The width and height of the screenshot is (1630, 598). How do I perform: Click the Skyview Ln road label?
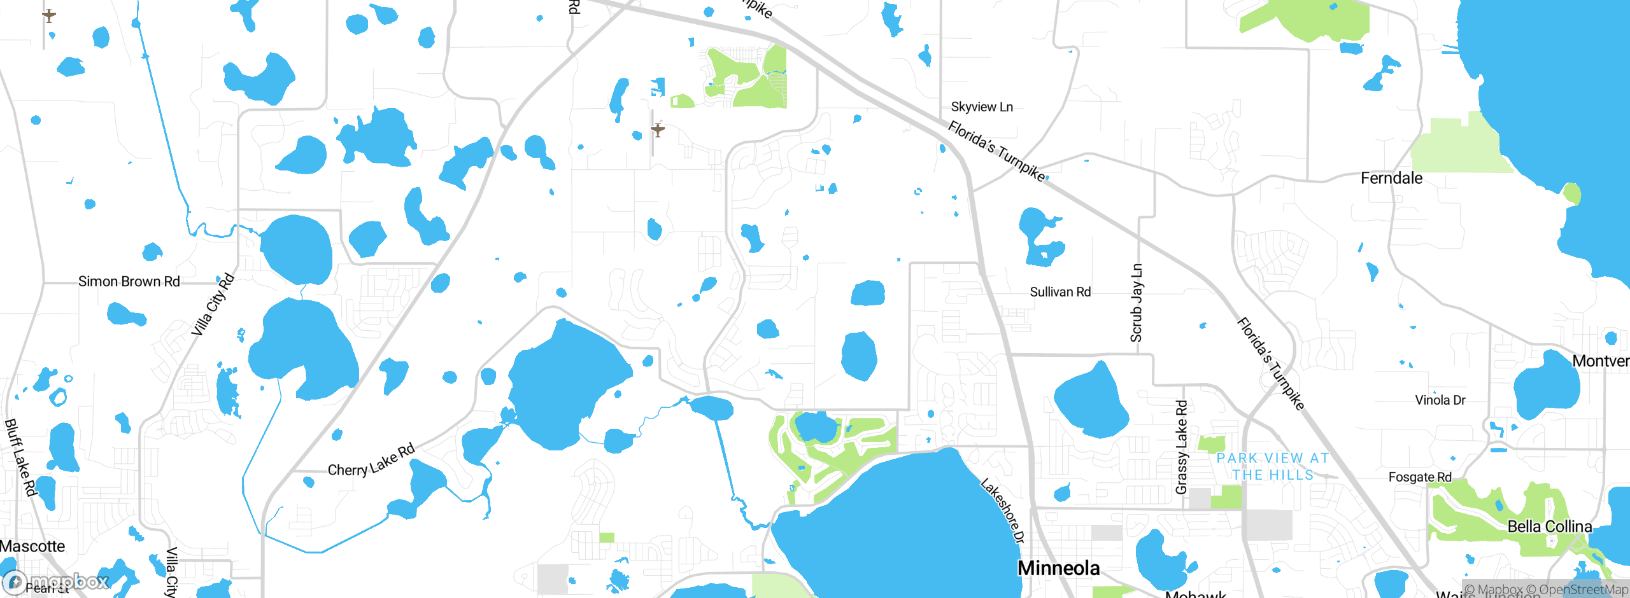pyautogui.click(x=982, y=107)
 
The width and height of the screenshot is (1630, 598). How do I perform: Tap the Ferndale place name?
pyautogui.click(x=1391, y=178)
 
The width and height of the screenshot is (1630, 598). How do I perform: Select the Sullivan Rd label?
pyautogui.click(x=1060, y=292)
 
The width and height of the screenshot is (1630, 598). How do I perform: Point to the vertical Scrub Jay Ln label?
pyautogui.click(x=1137, y=303)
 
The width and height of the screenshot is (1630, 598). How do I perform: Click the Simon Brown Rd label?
pyautogui.click(x=129, y=281)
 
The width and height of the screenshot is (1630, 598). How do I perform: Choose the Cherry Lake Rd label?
pyautogui.click(x=371, y=460)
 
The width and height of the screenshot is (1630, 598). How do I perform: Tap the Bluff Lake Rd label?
pyautogui.click(x=20, y=457)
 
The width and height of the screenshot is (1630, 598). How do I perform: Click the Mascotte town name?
pyautogui.click(x=32, y=546)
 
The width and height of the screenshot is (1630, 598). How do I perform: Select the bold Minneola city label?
pyautogui.click(x=1058, y=568)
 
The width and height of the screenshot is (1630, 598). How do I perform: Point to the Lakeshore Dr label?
pyautogui.click(x=1003, y=510)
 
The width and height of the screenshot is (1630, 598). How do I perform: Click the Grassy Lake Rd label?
pyautogui.click(x=1182, y=447)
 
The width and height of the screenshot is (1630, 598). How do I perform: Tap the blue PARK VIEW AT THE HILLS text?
pyautogui.click(x=1273, y=466)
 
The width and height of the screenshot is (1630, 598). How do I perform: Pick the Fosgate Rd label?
pyautogui.click(x=1420, y=477)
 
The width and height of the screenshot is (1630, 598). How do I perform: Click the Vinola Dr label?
pyautogui.click(x=1440, y=400)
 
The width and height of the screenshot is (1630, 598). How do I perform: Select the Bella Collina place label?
pyautogui.click(x=1549, y=527)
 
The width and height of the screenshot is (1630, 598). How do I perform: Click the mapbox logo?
pyautogui.click(x=56, y=581)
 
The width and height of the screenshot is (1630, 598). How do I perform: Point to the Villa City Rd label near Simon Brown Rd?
pyautogui.click(x=213, y=305)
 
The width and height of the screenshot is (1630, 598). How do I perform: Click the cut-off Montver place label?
pyautogui.click(x=1601, y=361)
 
